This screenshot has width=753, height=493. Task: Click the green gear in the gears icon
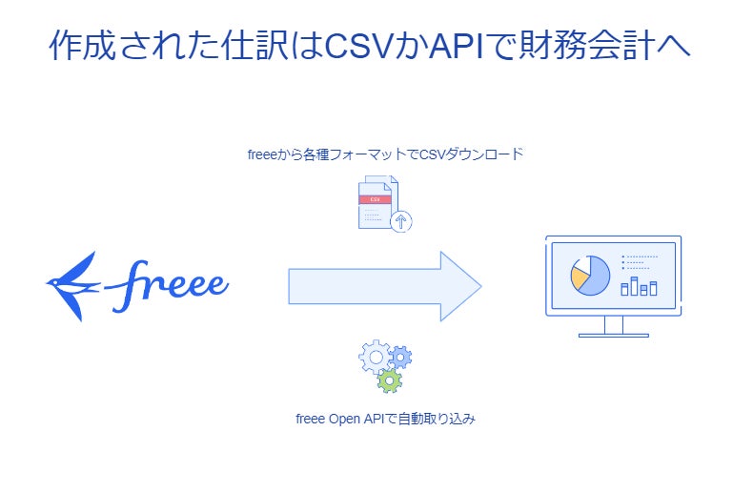(x=389, y=380)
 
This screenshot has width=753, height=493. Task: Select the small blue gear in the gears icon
(x=400, y=358)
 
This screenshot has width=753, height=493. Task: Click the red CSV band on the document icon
(x=376, y=200)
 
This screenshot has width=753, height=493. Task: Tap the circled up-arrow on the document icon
(x=401, y=222)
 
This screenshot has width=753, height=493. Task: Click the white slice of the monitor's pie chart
(x=580, y=262)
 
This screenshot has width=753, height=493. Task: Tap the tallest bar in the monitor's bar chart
(x=634, y=285)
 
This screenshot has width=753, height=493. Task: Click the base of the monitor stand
(x=613, y=335)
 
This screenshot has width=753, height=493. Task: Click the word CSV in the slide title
(x=358, y=46)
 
